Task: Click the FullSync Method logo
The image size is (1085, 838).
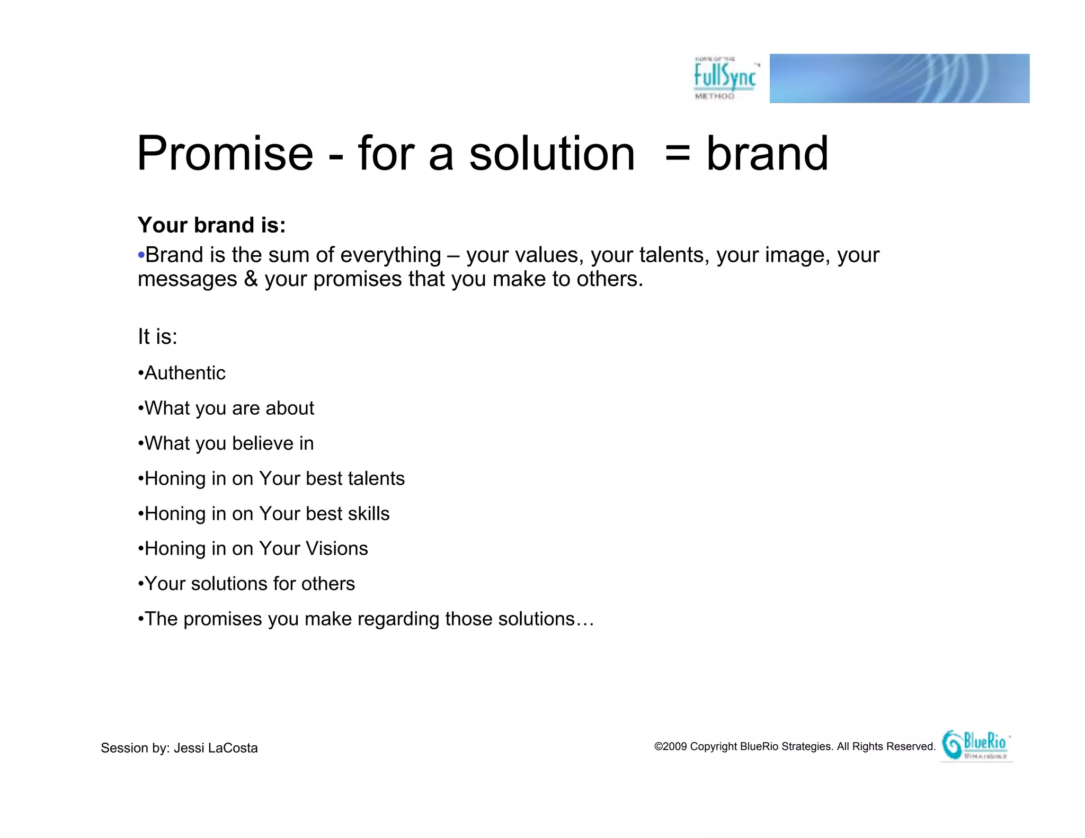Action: click(725, 78)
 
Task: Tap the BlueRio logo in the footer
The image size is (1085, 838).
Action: click(976, 745)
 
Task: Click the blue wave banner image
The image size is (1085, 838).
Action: click(899, 78)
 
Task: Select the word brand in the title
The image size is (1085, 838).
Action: click(767, 154)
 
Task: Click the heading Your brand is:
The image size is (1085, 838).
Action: click(211, 225)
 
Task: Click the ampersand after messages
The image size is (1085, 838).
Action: click(251, 279)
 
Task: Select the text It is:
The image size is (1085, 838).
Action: click(157, 337)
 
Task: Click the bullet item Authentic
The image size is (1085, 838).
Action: click(184, 373)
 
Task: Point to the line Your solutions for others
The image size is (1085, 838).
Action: click(249, 584)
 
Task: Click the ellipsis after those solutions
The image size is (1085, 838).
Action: click(585, 620)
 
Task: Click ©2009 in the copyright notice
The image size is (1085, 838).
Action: click(670, 746)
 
